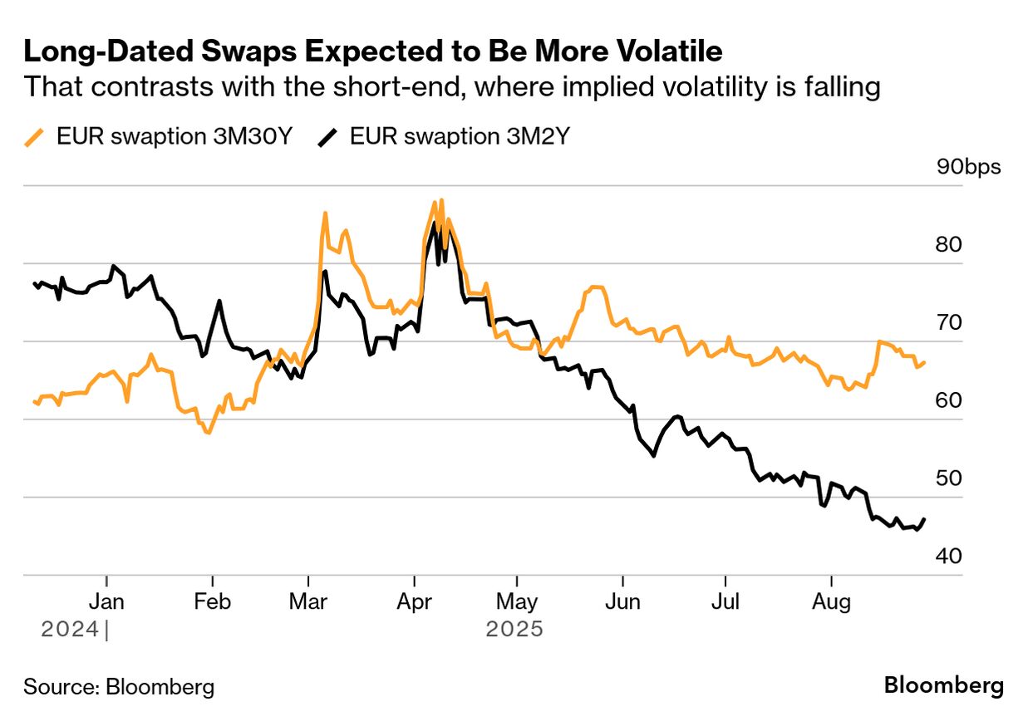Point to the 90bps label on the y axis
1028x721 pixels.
point(969,167)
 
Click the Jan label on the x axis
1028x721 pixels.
point(107,602)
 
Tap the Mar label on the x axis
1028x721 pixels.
point(308,602)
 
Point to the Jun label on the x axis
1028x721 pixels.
point(622,602)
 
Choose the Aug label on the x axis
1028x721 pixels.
point(831,602)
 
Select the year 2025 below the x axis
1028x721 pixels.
point(514,629)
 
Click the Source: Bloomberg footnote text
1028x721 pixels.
point(119,687)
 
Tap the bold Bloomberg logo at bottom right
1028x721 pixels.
point(943,686)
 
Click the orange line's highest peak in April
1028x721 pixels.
point(440,200)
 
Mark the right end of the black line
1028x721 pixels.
point(924,519)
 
